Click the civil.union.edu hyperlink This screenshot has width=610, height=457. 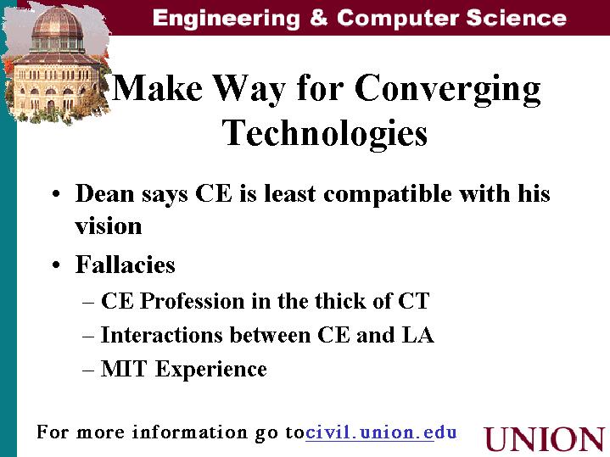coord(381,432)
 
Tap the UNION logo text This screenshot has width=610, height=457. coord(545,439)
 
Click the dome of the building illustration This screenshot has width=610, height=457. coord(58,24)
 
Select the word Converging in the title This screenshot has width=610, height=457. coord(447,90)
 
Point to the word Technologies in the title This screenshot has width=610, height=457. coord(325,133)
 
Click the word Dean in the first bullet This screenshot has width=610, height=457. coord(104,193)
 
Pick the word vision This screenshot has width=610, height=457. coord(109,226)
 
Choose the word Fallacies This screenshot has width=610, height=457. coord(126,265)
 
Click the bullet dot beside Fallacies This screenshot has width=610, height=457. coord(56,265)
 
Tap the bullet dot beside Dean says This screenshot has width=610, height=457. coord(56,193)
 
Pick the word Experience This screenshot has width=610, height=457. coord(211,370)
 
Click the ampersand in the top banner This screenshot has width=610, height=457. coord(319,18)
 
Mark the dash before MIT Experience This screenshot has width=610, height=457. coord(88,370)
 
